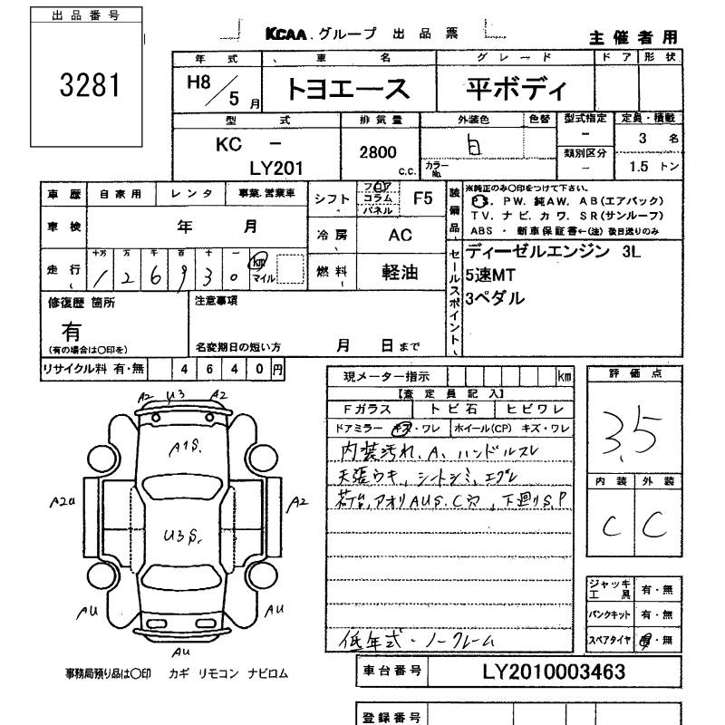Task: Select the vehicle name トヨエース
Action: pyautogui.click(x=348, y=90)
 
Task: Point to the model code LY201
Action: pyautogui.click(x=275, y=168)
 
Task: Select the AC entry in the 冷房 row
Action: pyautogui.click(x=399, y=235)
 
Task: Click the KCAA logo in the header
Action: pyautogui.click(x=287, y=34)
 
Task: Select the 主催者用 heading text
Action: pyautogui.click(x=633, y=37)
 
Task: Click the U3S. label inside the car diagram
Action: pyautogui.click(x=182, y=535)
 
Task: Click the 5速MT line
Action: pyautogui.click(x=490, y=276)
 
